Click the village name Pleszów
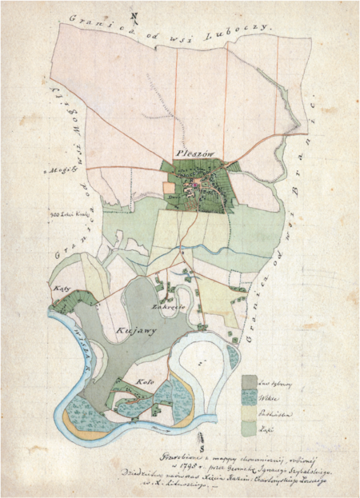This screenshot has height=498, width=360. pyautogui.click(x=191, y=155)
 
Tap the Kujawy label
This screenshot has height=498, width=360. pyautogui.click(x=135, y=327)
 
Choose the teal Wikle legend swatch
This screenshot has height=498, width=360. pyautogui.click(x=249, y=396)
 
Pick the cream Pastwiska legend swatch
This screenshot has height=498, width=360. pyautogui.click(x=249, y=412)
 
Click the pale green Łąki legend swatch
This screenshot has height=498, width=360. pyautogui.click(x=249, y=429)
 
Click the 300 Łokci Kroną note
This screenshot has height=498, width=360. pyautogui.click(x=67, y=214)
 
